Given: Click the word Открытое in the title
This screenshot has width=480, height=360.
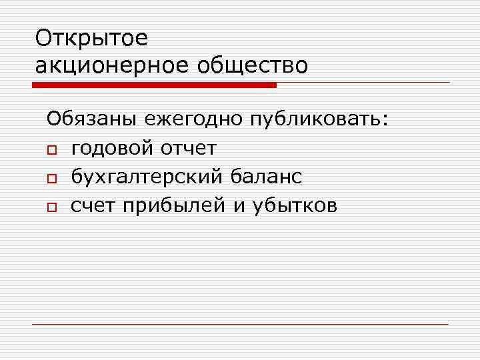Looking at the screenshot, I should point(91,39).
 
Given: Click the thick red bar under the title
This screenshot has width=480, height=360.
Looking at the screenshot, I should point(154,85).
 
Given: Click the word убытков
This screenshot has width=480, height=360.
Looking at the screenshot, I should point(295,207).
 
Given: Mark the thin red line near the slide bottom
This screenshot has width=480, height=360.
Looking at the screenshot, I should point(240,325).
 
